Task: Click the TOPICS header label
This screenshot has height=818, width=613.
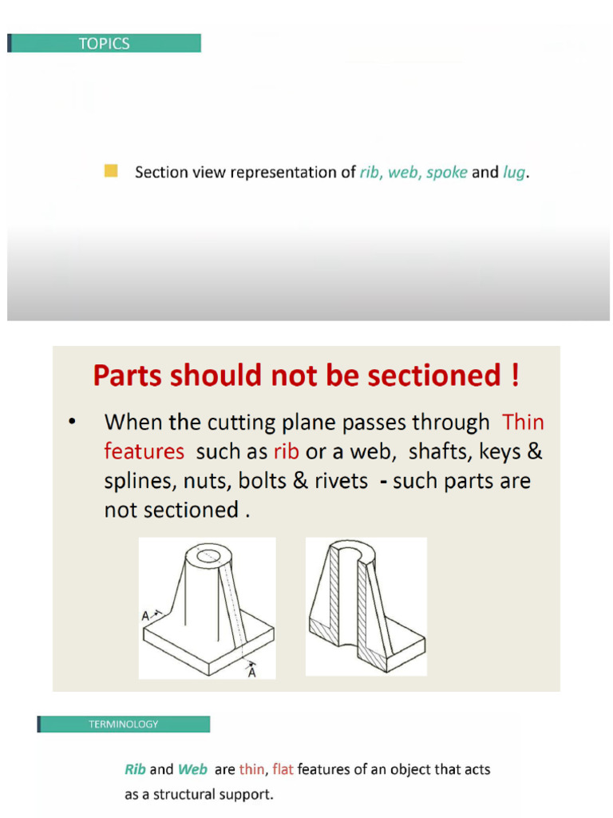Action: (x=104, y=44)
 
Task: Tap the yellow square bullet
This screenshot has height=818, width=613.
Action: (x=111, y=171)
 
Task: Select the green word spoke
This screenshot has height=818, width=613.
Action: (x=446, y=173)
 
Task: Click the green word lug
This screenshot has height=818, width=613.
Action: (x=514, y=173)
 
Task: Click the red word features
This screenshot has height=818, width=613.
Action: (x=144, y=452)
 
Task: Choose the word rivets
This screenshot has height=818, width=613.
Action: (x=341, y=482)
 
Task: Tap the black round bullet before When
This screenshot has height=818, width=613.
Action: (x=73, y=423)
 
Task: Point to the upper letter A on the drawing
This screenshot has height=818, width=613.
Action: (x=145, y=616)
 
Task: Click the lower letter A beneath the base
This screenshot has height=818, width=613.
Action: (x=252, y=672)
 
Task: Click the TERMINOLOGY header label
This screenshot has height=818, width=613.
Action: (x=123, y=725)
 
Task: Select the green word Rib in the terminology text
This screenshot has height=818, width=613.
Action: (x=135, y=770)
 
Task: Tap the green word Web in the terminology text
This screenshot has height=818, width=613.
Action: (x=192, y=770)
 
